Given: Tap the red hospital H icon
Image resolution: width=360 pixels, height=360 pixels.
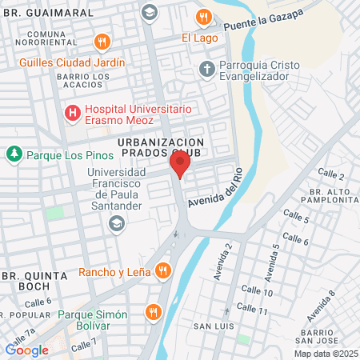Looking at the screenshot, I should click(x=73, y=113).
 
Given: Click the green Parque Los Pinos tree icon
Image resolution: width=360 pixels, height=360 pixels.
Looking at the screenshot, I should click(x=14, y=154).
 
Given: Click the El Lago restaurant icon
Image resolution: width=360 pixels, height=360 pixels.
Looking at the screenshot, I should click(x=205, y=16).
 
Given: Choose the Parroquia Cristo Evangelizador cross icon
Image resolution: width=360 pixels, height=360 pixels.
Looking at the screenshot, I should click(x=207, y=67).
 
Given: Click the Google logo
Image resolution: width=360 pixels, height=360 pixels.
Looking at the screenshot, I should click(x=26, y=350).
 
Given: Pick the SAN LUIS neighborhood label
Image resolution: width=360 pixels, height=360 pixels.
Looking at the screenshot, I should click(x=213, y=326).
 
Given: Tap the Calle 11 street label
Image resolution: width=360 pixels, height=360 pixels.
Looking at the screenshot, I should click(x=252, y=310).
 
